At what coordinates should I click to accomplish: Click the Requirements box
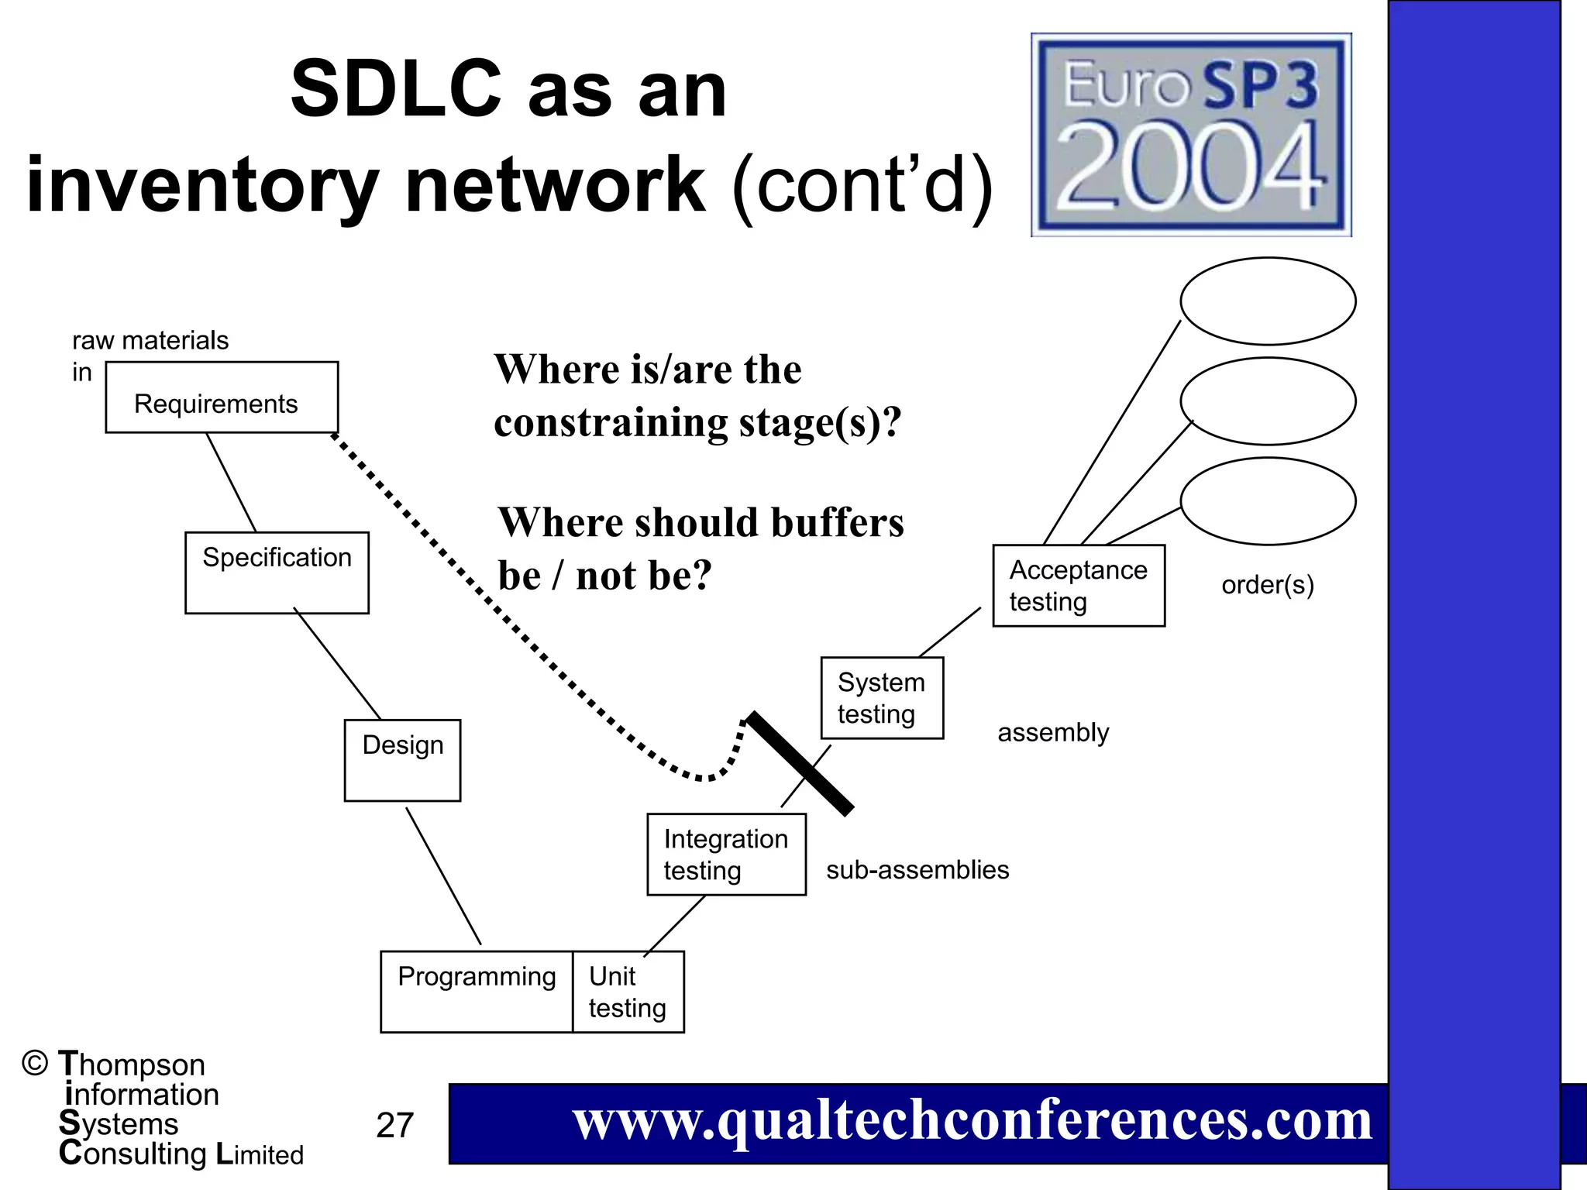222,397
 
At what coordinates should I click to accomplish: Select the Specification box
277,573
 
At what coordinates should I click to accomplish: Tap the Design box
402,760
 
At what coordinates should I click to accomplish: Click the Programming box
477,992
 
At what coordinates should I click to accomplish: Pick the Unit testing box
628,992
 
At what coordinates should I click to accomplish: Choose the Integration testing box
726,854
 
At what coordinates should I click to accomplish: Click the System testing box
882,697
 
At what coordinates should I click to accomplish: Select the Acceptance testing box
1079,585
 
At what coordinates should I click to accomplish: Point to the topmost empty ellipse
1268,301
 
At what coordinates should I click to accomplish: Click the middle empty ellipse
1268,401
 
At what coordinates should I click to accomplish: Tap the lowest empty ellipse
1268,500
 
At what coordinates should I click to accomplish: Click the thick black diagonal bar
800,763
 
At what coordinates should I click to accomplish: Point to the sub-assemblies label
917,869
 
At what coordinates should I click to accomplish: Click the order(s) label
1268,584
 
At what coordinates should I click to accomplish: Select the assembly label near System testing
1053,732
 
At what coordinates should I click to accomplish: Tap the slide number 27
394,1125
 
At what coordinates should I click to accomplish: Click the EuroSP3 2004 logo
1191,135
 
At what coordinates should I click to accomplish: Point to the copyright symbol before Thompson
35,1063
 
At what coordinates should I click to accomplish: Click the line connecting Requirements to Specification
231,482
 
